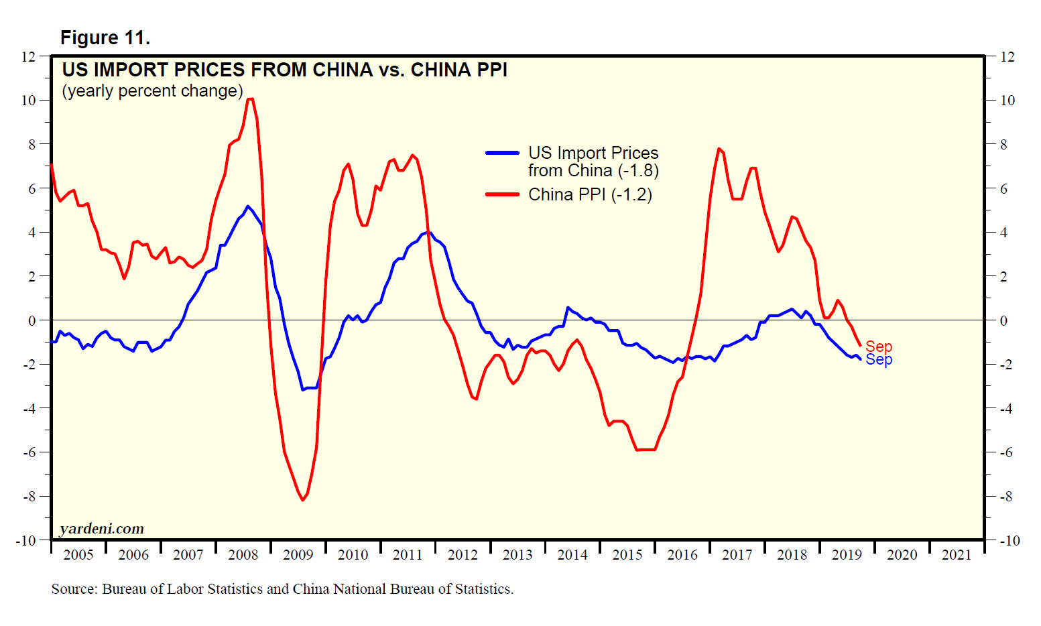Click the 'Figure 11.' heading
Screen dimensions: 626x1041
pyautogui.click(x=105, y=38)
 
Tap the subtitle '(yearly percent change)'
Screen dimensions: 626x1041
pyautogui.click(x=152, y=91)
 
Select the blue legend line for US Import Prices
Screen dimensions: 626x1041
pyautogui.click(x=502, y=153)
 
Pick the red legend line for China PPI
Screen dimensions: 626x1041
pyautogui.click(x=502, y=194)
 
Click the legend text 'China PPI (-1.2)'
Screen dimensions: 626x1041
pyautogui.click(x=590, y=194)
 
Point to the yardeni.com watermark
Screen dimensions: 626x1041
pyautogui.click(x=102, y=529)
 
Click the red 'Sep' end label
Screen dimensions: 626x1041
pyautogui.click(x=879, y=347)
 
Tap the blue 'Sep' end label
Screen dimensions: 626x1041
pyautogui.click(x=879, y=360)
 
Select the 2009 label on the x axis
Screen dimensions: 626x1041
pyautogui.click(x=298, y=555)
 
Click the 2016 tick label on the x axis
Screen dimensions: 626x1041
pyautogui.click(x=682, y=555)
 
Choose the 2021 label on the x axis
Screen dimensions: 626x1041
pyautogui.click(x=957, y=555)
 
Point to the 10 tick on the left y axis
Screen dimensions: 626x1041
pyautogui.click(x=28, y=101)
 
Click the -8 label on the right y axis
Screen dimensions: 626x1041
pyautogui.click(x=1007, y=497)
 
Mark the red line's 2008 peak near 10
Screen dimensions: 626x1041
pyautogui.click(x=250, y=99)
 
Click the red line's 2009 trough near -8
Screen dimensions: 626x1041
pyautogui.click(x=303, y=500)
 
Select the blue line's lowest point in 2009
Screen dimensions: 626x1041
pyautogui.click(x=303, y=389)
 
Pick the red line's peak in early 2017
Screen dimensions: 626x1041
pyautogui.click(x=719, y=149)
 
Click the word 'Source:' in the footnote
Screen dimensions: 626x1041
pyautogui.click(x=74, y=589)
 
